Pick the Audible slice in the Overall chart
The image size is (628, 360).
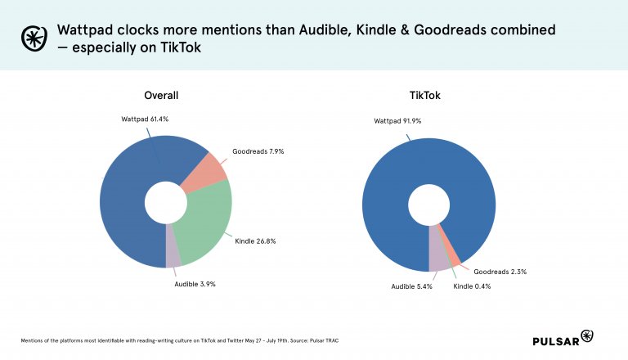click(173, 254)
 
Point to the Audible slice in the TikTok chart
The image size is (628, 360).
click(438, 258)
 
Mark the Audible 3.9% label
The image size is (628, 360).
click(195, 284)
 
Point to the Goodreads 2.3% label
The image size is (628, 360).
click(499, 270)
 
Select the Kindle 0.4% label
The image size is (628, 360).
click(474, 286)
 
